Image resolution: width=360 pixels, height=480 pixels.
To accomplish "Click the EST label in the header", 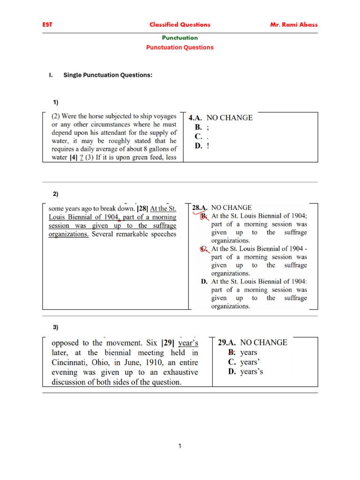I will (x=47, y=25).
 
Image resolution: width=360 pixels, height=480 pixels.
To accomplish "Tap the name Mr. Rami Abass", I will (x=294, y=25).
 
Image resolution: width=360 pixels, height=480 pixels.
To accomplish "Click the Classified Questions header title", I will (x=180, y=25).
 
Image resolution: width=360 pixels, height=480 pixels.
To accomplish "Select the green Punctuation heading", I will (x=180, y=37).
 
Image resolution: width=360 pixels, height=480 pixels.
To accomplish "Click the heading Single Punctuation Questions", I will (x=108, y=75).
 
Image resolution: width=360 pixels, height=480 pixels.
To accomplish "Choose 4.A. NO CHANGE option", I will (x=221, y=118).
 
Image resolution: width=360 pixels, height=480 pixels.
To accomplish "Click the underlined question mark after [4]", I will (x=82, y=157).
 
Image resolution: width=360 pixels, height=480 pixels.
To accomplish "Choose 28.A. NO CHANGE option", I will (x=223, y=207).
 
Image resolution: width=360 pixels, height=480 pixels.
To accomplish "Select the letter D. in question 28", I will (x=204, y=282).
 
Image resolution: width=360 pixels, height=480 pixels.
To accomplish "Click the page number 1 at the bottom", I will (x=180, y=446).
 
